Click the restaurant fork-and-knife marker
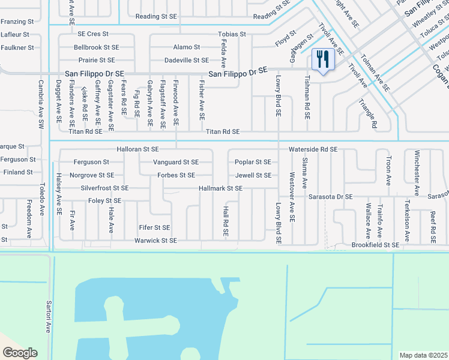[x=324, y=60]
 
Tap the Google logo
[x=20, y=353]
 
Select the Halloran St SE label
[x=138, y=149]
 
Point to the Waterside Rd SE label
[x=313, y=149]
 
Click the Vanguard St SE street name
[x=175, y=162]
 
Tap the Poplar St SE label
[x=253, y=162]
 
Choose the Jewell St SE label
[x=253, y=175]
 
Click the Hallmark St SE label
[x=221, y=188]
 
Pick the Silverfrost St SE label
[x=104, y=188]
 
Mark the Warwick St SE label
[x=155, y=241]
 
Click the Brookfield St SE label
[x=375, y=245]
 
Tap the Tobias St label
[x=232, y=34]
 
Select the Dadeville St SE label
[x=187, y=60]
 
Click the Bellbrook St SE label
[x=97, y=47]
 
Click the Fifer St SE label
[x=154, y=228]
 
